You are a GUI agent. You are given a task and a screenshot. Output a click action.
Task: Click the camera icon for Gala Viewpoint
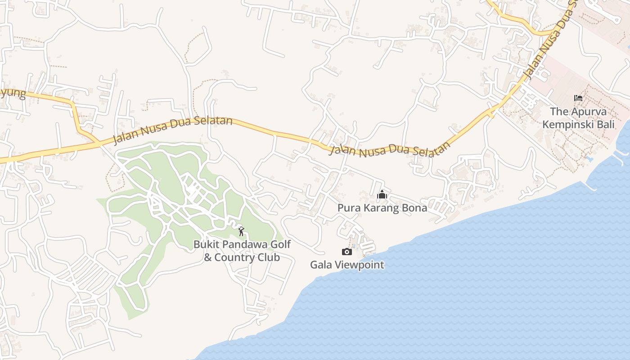point(347,252)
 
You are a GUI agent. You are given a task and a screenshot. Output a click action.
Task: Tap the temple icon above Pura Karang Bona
point(382,195)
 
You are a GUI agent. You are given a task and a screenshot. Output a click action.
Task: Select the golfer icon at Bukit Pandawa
point(242,231)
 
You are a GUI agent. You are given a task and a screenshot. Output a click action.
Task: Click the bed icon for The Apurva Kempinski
point(578,98)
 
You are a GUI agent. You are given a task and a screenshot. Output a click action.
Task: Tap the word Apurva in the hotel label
point(589,112)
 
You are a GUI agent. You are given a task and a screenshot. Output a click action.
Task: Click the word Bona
point(415,208)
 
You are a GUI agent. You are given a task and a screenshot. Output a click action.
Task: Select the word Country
point(233,257)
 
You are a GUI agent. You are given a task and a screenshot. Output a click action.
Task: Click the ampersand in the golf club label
point(208,257)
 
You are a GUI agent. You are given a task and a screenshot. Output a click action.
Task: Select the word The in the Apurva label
point(559,112)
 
